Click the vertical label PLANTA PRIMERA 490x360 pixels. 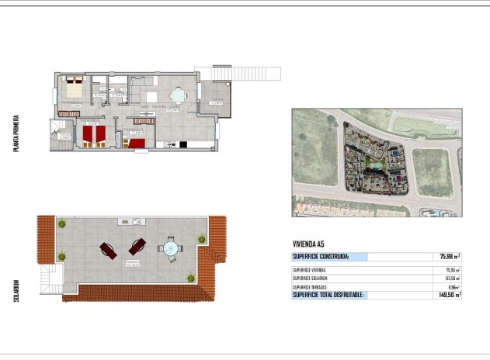click(16, 133)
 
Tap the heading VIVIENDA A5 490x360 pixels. click(308, 244)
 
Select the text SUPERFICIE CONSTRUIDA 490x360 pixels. click(321, 256)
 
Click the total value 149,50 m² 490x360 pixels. click(447, 295)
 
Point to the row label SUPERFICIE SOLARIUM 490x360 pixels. click(311, 278)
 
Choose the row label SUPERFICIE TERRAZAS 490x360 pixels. click(311, 287)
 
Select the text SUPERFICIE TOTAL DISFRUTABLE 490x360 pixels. click(328, 295)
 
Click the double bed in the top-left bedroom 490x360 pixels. click(73, 86)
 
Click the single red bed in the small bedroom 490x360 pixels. click(137, 142)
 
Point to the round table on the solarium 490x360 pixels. click(169, 249)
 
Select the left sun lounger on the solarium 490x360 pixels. click(108, 250)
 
